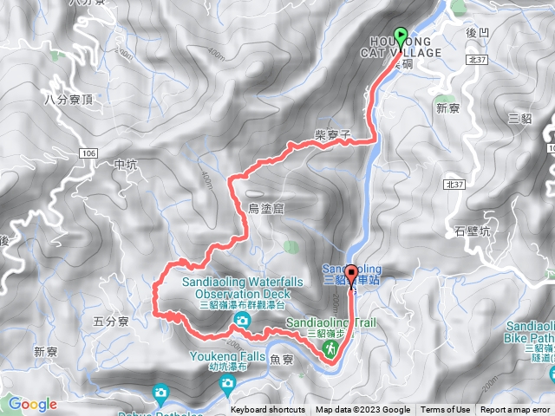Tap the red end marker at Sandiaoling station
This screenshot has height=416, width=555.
[351, 276]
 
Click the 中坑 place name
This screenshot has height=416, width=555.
[126, 163]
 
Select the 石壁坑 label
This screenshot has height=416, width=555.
[473, 231]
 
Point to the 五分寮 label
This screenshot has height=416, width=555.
[110, 322]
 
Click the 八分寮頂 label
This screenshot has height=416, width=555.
[67, 101]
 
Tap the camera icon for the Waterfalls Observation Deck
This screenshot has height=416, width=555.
[240, 322]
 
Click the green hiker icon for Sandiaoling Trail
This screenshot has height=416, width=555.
[330, 348]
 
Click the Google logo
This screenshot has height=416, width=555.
[32, 404]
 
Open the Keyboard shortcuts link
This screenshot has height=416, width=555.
[268, 410]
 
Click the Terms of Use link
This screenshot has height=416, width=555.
[446, 410]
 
